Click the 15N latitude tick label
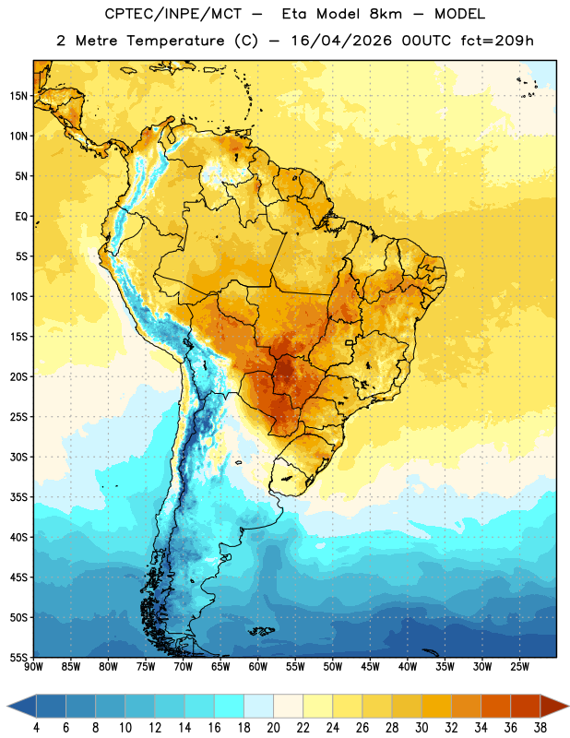click(18, 96)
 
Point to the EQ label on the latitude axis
click(21, 217)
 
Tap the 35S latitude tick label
click(18, 497)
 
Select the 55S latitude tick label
click(18, 657)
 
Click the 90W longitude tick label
click(33, 667)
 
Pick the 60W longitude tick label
click(258, 667)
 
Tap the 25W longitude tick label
click(519, 667)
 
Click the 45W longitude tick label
click(370, 667)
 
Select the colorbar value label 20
click(273, 728)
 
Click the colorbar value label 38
click(540, 728)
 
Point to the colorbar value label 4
click(36, 728)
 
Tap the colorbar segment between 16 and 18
click(230, 706)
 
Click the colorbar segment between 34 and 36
click(495, 706)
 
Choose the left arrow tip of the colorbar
click(7, 706)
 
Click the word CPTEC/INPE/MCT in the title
click(173, 14)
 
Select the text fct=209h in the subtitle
click(497, 41)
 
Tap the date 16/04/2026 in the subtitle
click(341, 41)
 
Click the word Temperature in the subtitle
click(175, 41)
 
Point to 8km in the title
click(386, 14)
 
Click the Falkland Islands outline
click(262, 631)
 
